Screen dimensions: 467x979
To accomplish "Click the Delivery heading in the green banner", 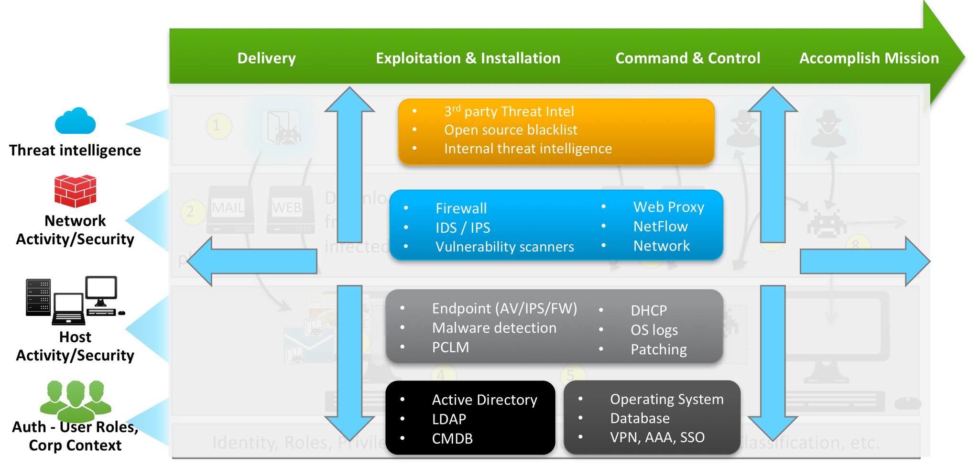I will pyautogui.click(x=266, y=58).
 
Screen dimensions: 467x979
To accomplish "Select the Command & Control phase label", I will pyautogui.click(x=687, y=58).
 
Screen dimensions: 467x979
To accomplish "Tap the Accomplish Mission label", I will pyautogui.click(x=869, y=58).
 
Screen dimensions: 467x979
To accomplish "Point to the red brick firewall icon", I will pyautogui.click(x=75, y=191).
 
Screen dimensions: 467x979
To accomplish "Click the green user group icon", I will pyautogui.click(x=76, y=401).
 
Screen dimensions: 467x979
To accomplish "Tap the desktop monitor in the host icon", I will pyautogui.click(x=101, y=289).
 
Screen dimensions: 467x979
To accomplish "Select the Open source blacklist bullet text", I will pyautogui.click(x=510, y=130).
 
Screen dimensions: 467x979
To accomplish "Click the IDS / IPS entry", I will pyautogui.click(x=462, y=228).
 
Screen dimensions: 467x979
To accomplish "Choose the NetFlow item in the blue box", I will pyautogui.click(x=660, y=226).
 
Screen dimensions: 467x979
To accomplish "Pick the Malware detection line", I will pyautogui.click(x=494, y=328).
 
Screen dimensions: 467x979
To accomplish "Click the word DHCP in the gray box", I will pyautogui.click(x=648, y=311).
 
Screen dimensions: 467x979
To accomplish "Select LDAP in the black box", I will pyautogui.click(x=448, y=419).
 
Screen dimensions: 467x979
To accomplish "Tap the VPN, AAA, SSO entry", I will pyautogui.click(x=657, y=437).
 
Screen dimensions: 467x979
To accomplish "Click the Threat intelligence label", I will pyautogui.click(x=75, y=150).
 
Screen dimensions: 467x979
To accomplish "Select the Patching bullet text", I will pyautogui.click(x=658, y=349).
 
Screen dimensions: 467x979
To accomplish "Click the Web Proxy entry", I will pyautogui.click(x=668, y=207).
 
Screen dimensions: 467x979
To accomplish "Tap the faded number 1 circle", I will pyautogui.click(x=218, y=126).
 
